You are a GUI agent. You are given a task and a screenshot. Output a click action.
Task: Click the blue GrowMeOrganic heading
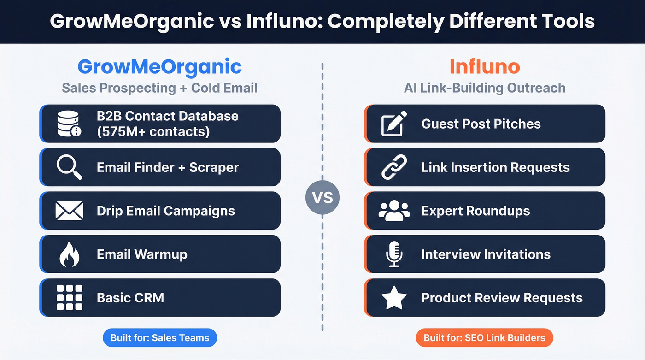click(159, 67)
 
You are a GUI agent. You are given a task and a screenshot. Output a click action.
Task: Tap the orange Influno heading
click(484, 67)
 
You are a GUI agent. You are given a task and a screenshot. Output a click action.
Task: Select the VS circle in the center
click(322, 198)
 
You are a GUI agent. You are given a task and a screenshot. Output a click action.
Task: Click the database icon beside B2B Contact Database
click(69, 124)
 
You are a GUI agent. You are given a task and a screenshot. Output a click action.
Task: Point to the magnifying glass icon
click(69, 167)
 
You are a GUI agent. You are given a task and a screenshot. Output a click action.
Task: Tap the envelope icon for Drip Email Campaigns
click(69, 211)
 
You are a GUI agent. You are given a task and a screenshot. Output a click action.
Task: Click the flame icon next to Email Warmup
click(69, 254)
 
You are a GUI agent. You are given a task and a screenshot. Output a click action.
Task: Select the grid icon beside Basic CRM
click(69, 297)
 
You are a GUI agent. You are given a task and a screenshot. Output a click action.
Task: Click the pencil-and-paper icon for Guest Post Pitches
click(394, 124)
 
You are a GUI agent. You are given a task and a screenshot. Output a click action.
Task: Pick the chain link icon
click(394, 167)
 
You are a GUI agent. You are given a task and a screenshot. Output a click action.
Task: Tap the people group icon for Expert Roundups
click(394, 211)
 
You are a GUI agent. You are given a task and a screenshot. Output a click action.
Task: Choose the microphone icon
click(394, 254)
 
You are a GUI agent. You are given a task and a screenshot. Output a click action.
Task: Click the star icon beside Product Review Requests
click(394, 298)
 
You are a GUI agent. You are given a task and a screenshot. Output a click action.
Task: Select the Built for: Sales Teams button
click(159, 338)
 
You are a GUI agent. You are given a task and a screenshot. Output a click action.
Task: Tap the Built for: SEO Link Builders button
click(484, 338)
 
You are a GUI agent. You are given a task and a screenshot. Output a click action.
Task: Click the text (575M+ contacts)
click(153, 131)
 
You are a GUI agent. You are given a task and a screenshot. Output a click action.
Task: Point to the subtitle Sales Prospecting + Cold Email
click(159, 88)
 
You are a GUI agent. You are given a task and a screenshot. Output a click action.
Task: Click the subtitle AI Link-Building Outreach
click(484, 88)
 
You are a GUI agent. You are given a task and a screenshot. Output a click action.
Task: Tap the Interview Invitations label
click(486, 254)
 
